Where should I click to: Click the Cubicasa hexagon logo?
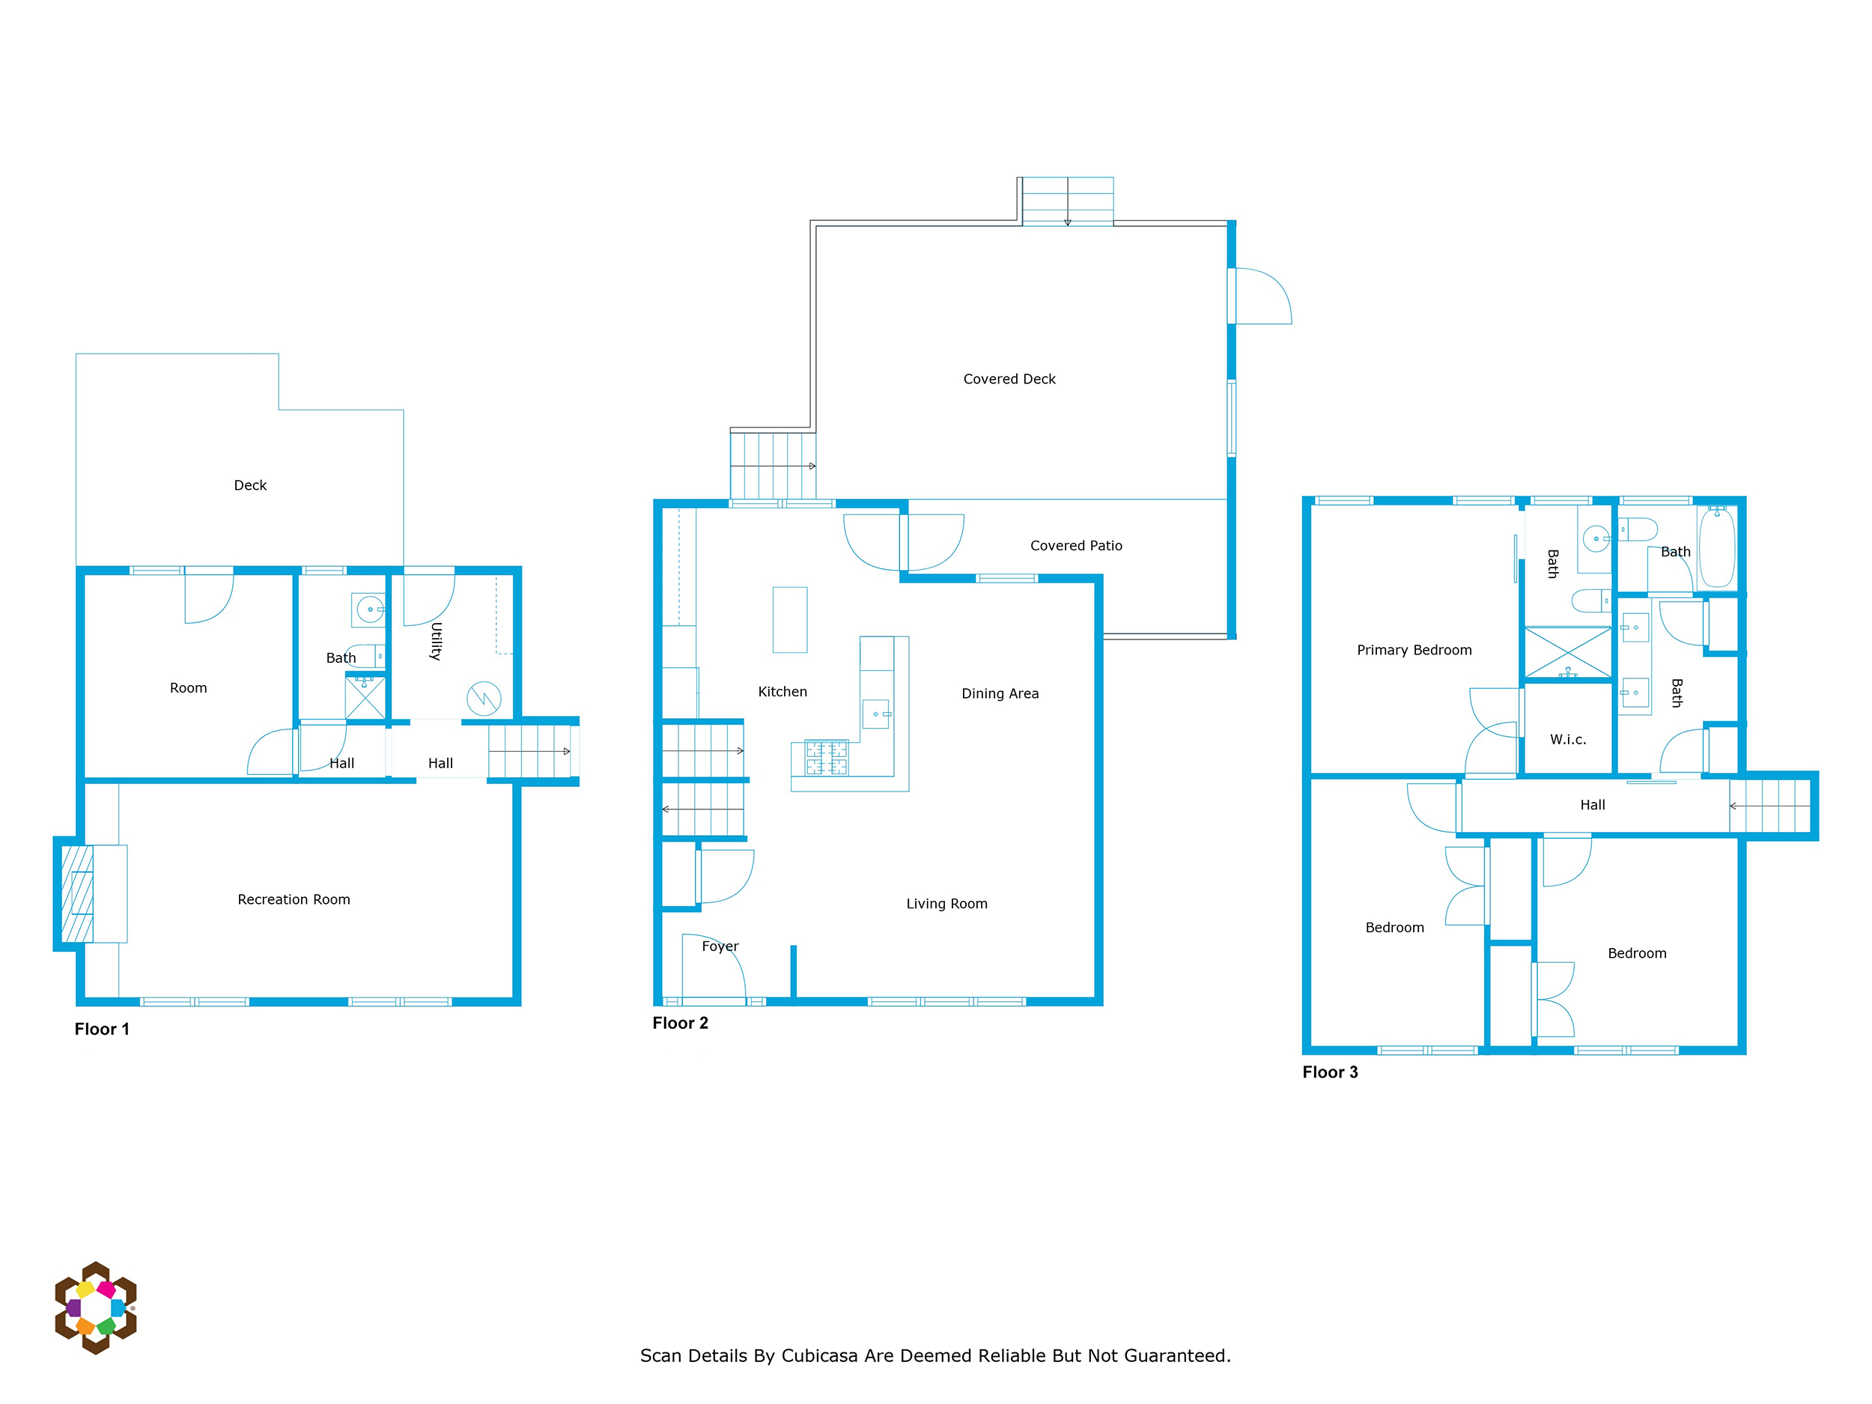point(96,1307)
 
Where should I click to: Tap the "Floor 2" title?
point(680,1023)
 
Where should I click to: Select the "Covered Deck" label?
point(1009,379)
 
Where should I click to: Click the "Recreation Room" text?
point(294,899)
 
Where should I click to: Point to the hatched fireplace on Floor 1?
point(77,893)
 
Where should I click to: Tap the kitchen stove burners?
point(826,758)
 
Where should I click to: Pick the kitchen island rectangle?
point(789,619)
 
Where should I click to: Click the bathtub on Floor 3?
point(1717,547)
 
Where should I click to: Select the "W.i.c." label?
point(1567,740)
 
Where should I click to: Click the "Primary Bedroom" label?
point(1414,650)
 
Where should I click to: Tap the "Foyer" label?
point(720,946)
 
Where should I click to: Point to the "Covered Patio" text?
point(1075,546)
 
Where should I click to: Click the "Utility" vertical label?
point(437,641)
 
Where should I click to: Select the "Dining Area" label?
point(1000,694)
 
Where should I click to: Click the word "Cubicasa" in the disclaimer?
point(820,1356)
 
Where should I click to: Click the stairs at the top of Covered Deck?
point(1067,201)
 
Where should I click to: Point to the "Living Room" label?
point(946,904)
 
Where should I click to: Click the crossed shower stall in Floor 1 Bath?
point(365,697)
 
